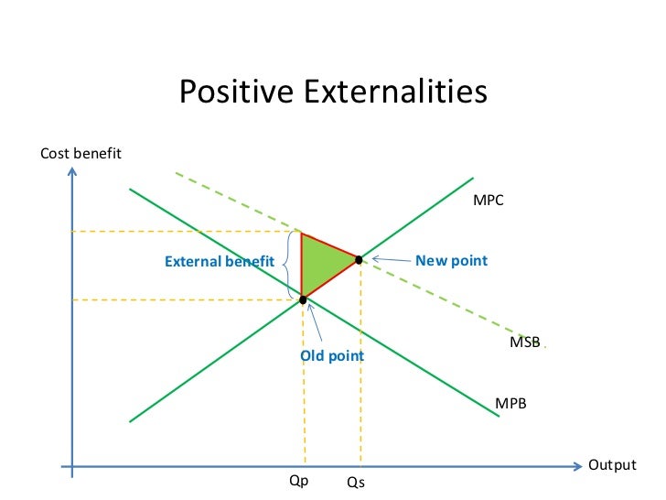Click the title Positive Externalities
click(332, 92)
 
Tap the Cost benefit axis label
click(81, 153)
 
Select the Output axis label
click(611, 465)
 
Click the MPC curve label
click(488, 200)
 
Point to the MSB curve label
click(524, 342)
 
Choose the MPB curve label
click(510, 403)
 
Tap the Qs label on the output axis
click(357, 481)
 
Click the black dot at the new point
click(360, 260)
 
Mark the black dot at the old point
click(303, 299)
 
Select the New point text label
click(451, 261)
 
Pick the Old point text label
click(332, 355)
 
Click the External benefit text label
click(219, 262)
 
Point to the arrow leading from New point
click(390, 261)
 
